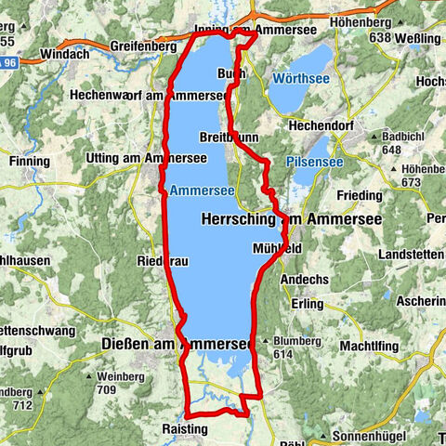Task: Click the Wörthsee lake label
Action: click(x=301, y=80)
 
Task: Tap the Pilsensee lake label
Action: click(x=315, y=162)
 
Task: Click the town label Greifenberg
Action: click(x=144, y=45)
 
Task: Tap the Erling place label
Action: click(x=306, y=303)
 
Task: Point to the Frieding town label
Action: click(x=360, y=196)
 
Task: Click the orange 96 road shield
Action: click(x=8, y=62)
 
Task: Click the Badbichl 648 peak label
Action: click(x=402, y=143)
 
